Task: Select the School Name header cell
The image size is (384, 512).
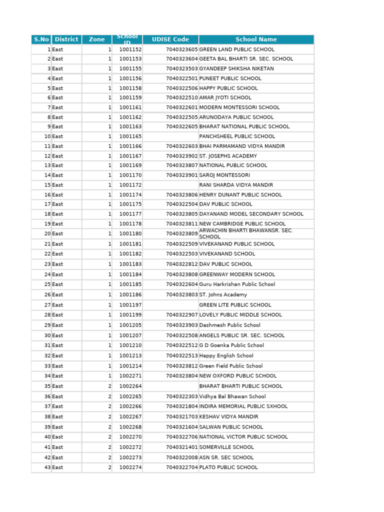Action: (256, 39)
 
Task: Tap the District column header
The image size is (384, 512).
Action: (66, 39)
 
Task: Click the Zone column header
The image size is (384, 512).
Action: (97, 39)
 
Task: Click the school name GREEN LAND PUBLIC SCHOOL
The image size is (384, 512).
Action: (236, 49)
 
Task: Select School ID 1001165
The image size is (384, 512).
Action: (130, 136)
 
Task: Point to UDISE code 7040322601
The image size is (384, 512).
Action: (182, 107)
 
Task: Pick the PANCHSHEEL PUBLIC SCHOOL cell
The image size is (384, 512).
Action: (237, 136)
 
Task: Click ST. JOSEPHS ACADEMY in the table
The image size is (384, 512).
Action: (228, 156)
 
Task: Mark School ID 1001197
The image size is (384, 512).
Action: (130, 305)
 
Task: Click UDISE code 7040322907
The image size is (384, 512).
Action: (182, 315)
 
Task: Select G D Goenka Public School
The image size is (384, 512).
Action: (231, 345)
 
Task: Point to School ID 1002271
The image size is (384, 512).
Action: (130, 376)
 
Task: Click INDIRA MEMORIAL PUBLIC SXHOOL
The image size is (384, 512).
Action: (243, 406)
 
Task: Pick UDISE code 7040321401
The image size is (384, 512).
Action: (182, 447)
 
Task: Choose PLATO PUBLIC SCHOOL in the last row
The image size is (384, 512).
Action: (228, 467)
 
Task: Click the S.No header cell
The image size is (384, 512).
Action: (41, 39)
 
